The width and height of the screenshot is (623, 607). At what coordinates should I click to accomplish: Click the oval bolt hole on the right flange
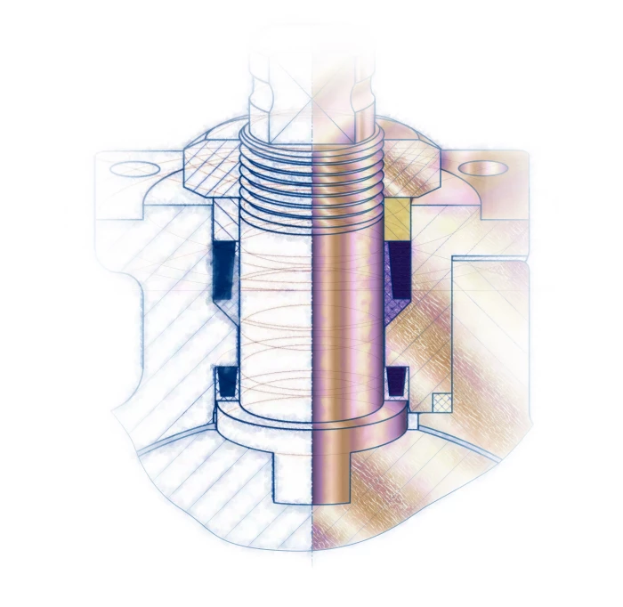coord(483,167)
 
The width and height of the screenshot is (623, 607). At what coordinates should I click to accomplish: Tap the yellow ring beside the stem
coord(397,213)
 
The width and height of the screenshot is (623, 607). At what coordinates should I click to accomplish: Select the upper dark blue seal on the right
coord(398,276)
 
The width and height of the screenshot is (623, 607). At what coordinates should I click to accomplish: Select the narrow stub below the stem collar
coord(311,481)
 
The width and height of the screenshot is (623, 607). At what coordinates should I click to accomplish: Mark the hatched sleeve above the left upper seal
coord(224,218)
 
